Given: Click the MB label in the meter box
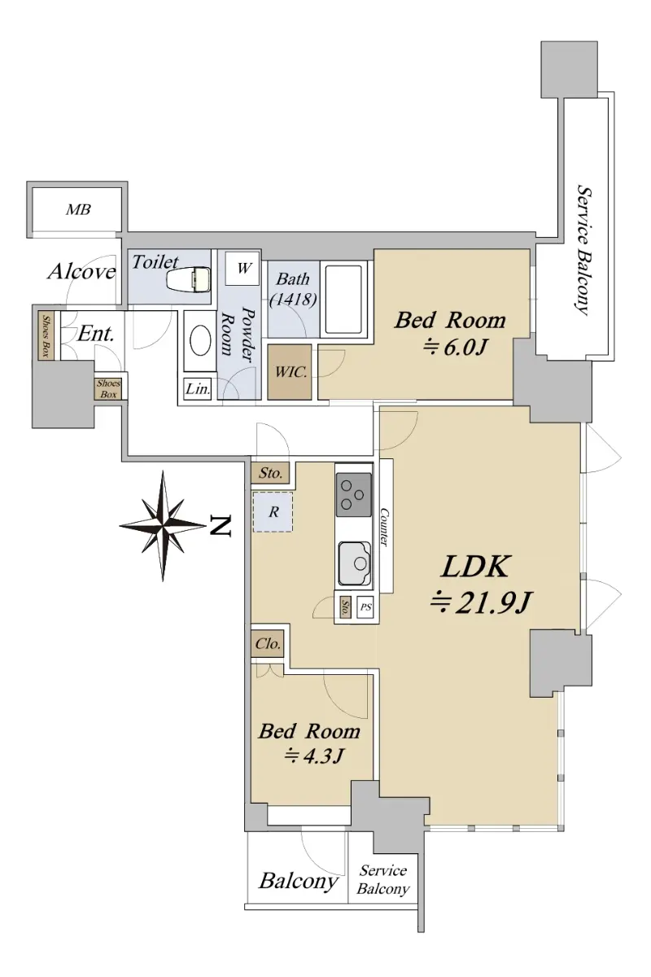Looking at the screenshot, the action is coord(78,210).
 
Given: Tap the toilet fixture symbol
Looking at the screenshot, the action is coord(190,278).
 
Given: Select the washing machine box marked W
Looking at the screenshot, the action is coord(242,268).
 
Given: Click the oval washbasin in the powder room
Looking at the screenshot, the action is coord(202,340).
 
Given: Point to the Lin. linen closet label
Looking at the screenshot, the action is coord(198,388).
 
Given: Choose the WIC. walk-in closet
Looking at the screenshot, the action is coord(290,371).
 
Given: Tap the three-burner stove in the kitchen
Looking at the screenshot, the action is coord(354,496).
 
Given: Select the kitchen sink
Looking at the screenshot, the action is coord(355,564).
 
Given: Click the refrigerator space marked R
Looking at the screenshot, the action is coord(273,512).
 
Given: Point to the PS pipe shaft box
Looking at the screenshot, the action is coord(365,607).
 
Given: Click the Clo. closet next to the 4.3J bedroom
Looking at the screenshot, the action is coord(267,644).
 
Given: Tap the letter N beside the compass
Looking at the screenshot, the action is coord(220,526).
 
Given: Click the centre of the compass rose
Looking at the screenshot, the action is coord(163,526).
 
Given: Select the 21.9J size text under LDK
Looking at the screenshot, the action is coord(480,602).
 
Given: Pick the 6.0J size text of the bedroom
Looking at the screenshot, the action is coord(454,348).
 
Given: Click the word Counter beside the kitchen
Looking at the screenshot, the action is coord(384,527).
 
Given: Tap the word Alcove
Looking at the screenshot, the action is coord(82,272).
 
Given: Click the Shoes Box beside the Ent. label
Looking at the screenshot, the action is coord(46,335).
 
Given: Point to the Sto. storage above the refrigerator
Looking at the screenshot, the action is coord(270,473).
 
